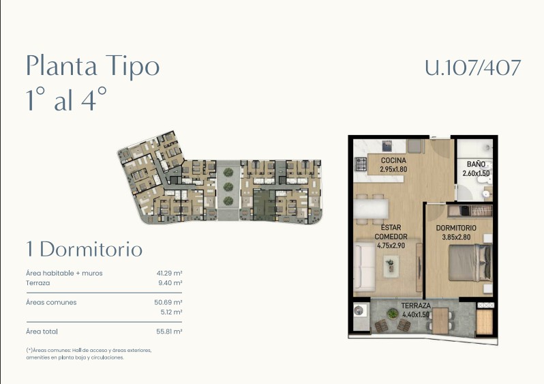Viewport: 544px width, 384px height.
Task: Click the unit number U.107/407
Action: [x=473, y=68]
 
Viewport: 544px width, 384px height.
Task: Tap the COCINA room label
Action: [x=393, y=160]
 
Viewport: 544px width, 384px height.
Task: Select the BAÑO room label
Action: [x=476, y=164]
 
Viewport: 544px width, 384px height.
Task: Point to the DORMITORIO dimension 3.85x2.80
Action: [x=456, y=237]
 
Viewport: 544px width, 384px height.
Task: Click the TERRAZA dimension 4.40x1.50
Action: [x=416, y=315]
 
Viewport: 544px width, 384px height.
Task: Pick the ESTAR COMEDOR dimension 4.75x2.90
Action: [x=391, y=246]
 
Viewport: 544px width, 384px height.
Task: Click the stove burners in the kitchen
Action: [x=361, y=164]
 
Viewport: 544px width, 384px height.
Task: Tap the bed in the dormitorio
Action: [x=470, y=263]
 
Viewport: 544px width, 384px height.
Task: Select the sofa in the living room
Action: [x=364, y=267]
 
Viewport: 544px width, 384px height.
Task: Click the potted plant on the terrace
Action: [x=393, y=314]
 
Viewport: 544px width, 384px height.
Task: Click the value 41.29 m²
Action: [x=169, y=274]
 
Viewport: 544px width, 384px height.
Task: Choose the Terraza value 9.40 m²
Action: [x=170, y=283]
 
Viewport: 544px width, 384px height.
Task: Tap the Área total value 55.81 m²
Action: [x=169, y=331]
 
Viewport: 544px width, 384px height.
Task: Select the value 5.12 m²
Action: [x=171, y=312]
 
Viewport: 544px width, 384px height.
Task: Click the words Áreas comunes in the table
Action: [x=51, y=302]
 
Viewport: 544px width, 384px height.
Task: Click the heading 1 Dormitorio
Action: [x=85, y=249]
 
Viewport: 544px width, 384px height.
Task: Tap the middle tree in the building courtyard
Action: [x=228, y=187]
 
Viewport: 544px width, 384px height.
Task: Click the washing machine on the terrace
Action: [x=359, y=310]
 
